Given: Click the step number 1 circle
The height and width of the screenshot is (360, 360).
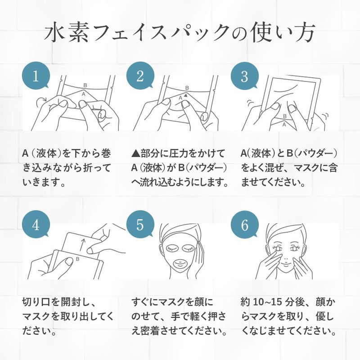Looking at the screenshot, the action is pos(36,76).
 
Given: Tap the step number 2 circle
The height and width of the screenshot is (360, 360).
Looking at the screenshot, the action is pos(140,76).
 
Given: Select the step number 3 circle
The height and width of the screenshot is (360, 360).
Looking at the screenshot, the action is pos(245,76).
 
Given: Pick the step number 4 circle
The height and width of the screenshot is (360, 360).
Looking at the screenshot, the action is pos(36,225).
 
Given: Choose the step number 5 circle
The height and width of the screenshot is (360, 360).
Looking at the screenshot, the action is pos(140,225).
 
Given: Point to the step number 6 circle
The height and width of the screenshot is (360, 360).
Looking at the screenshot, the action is pos(245,225).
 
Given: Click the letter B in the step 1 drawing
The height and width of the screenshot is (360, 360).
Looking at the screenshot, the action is pos(85,85).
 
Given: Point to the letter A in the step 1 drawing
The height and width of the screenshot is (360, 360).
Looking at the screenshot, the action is pos(84,94).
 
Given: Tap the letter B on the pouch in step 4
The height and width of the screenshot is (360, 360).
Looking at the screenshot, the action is pos(77,259).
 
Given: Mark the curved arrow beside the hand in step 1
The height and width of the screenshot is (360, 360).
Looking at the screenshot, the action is pos(42,99).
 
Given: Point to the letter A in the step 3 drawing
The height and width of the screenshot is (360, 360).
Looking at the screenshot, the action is pos(284,125).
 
